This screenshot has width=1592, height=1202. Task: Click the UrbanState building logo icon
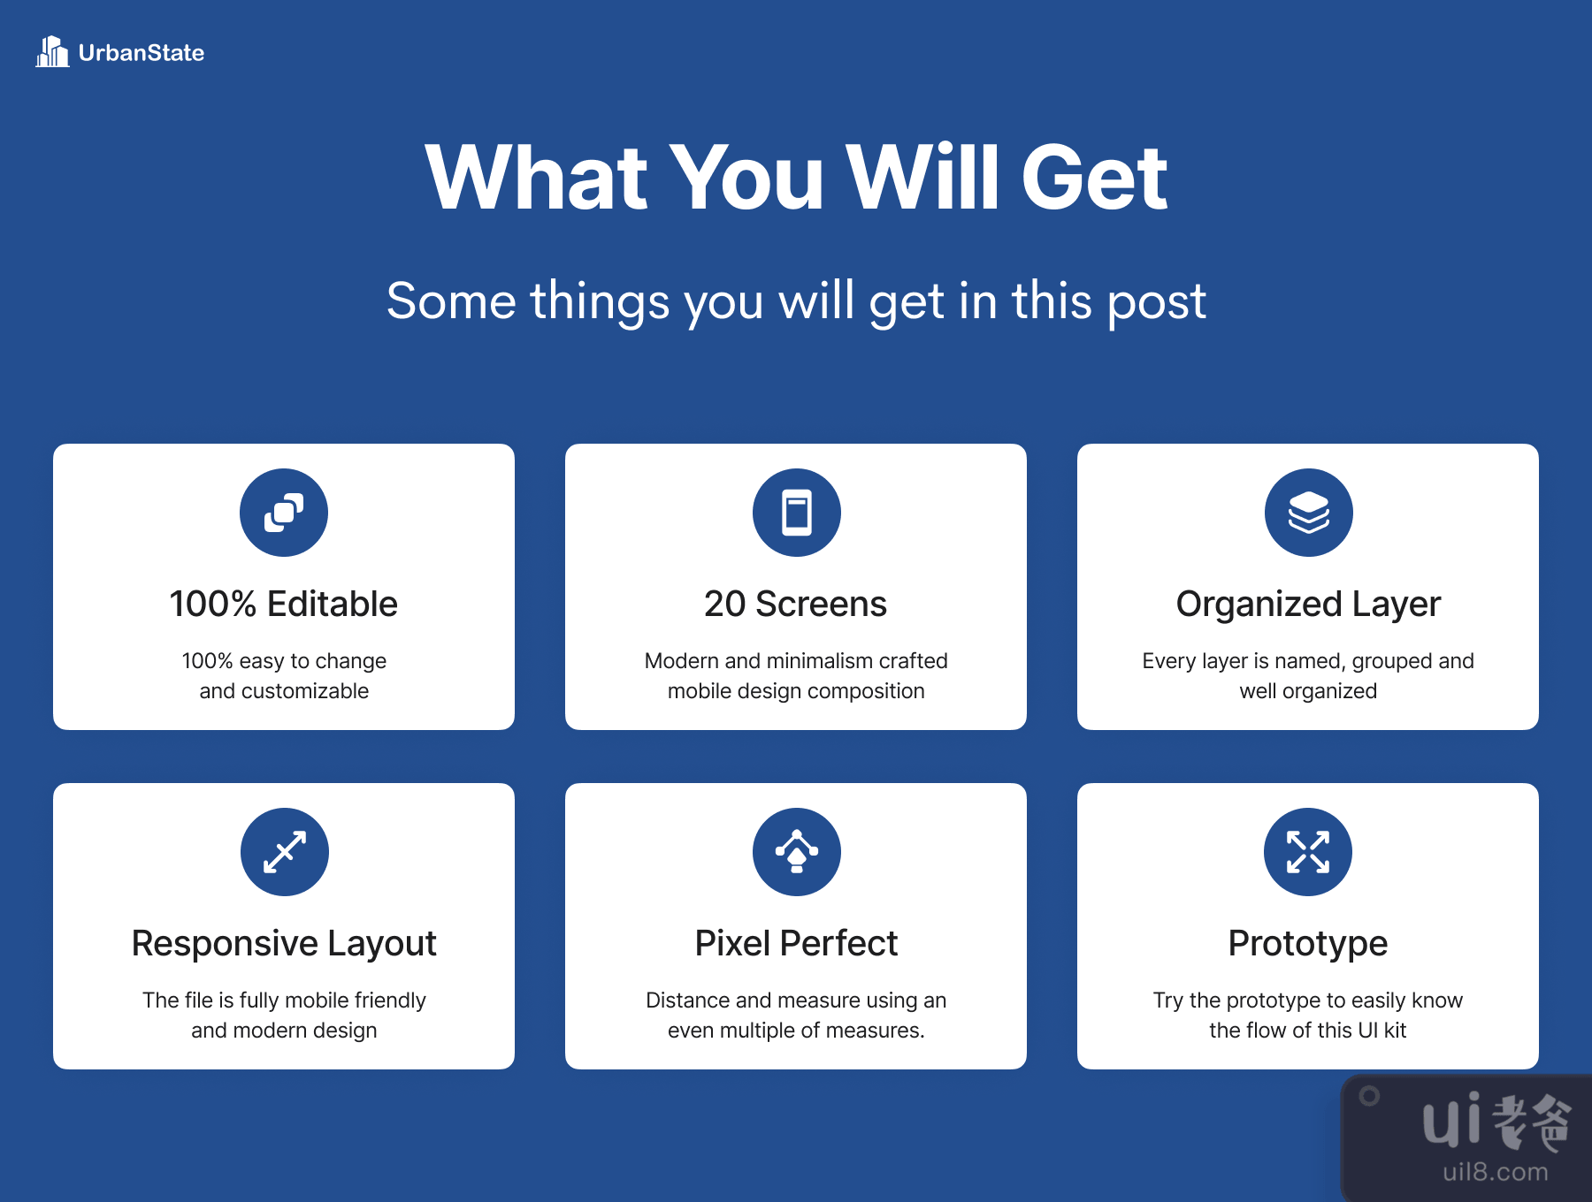pyautogui.click(x=52, y=51)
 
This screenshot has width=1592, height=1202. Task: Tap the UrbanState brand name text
pyautogui.click(x=142, y=53)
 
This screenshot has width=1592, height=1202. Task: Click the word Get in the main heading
pyautogui.click(x=1094, y=178)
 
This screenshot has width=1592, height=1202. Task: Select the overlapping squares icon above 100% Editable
pyautogui.click(x=284, y=513)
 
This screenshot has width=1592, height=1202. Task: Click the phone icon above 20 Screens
pyautogui.click(x=797, y=513)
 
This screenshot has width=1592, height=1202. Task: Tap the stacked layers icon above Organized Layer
pyautogui.click(x=1309, y=513)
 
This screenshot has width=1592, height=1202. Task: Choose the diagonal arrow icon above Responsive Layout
pyautogui.click(x=285, y=852)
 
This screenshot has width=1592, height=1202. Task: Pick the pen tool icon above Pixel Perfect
pyautogui.click(x=797, y=851)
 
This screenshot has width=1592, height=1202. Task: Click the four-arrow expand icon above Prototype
pyautogui.click(x=1308, y=852)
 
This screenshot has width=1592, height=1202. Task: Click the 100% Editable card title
pyautogui.click(x=284, y=604)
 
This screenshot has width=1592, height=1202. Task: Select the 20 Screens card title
pyautogui.click(x=796, y=604)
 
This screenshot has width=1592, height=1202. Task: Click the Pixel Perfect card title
pyautogui.click(x=796, y=943)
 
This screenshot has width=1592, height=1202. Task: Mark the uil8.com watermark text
pyautogui.click(x=1496, y=1172)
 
